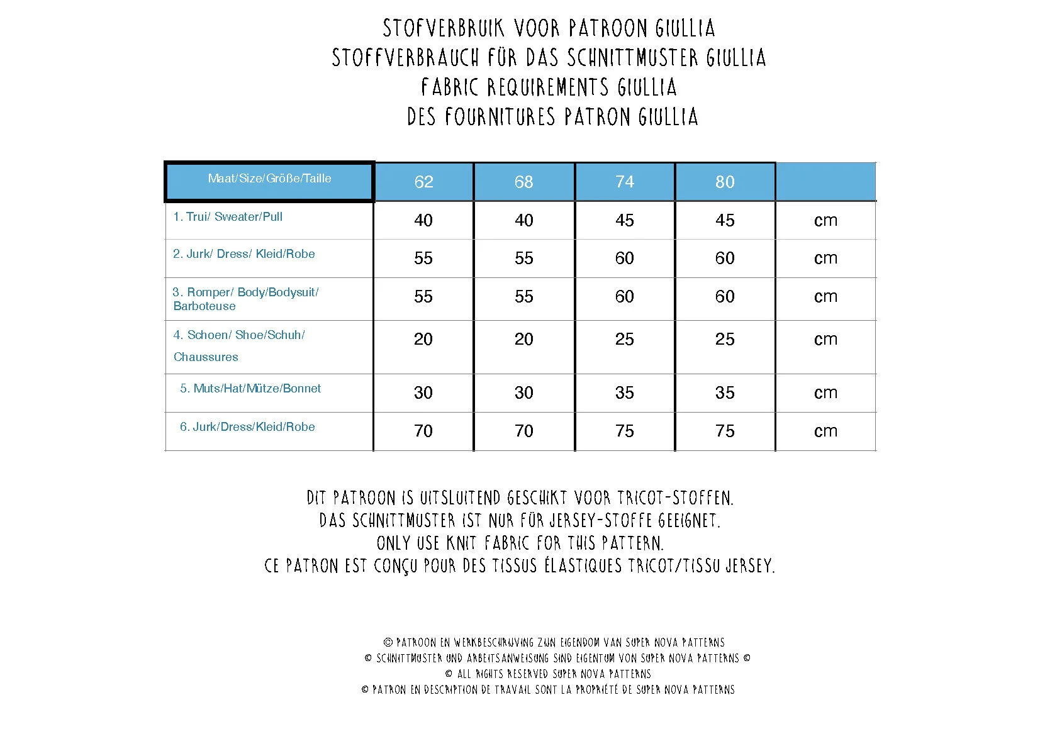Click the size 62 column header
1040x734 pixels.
point(423,182)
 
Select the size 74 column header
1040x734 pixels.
point(625,182)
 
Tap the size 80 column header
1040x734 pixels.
point(725,182)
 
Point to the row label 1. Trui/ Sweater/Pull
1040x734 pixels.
point(228,217)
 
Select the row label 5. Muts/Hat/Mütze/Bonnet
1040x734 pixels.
point(250,389)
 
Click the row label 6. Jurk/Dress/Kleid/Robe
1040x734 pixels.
point(247,427)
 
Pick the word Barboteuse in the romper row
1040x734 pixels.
point(204,306)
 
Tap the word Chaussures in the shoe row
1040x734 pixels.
point(206,357)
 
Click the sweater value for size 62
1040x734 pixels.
point(423,220)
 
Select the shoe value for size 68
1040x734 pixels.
point(524,339)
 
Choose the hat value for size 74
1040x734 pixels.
point(625,392)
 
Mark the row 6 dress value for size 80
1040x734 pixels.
point(725,431)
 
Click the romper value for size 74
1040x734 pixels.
point(625,296)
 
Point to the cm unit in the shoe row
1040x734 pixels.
point(825,339)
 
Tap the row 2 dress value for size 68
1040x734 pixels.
point(524,258)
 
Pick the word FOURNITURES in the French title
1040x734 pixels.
point(500,117)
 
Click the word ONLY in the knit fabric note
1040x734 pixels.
point(393,543)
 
